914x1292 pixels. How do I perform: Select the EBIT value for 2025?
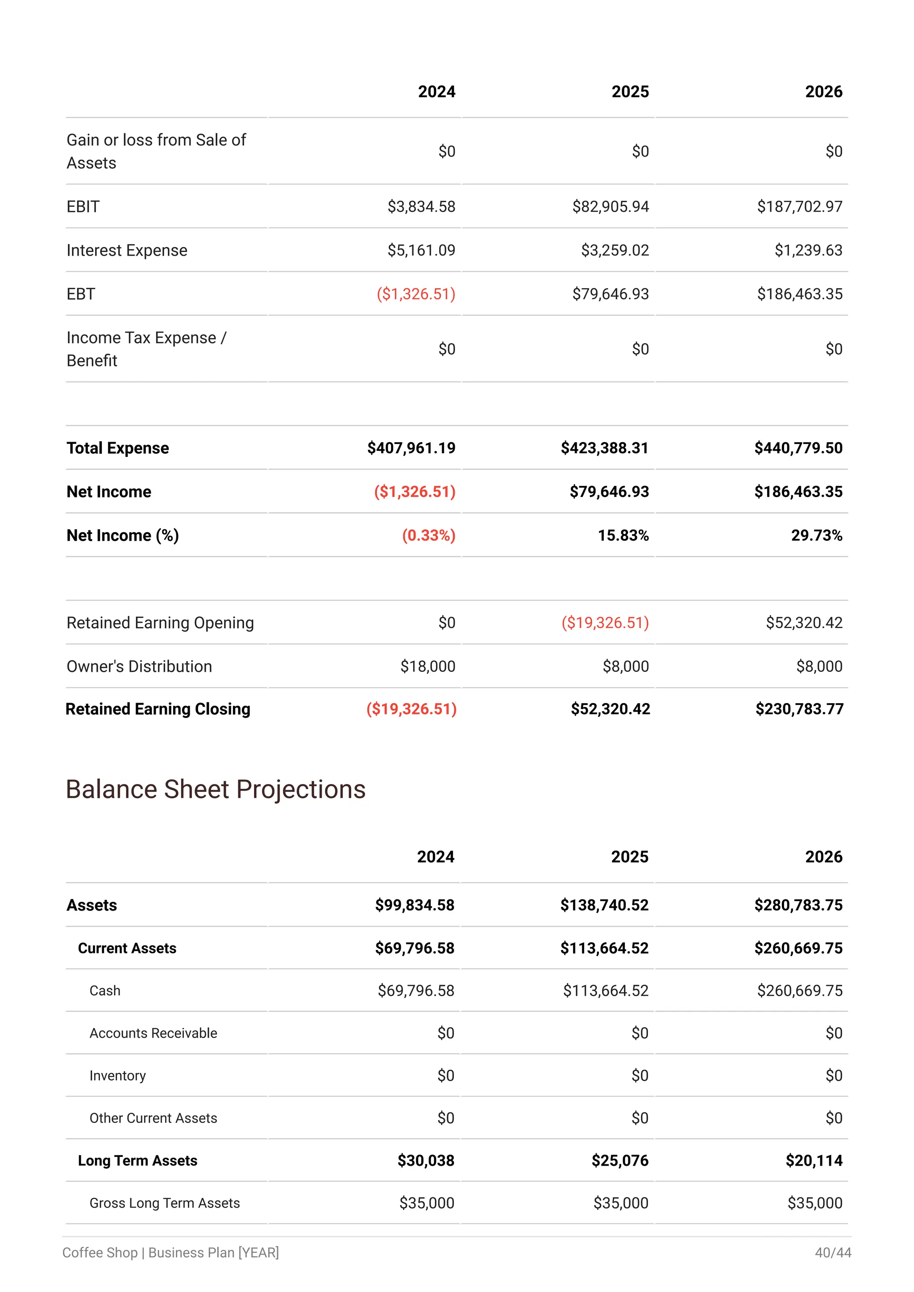610,207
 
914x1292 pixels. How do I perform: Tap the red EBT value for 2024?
415,294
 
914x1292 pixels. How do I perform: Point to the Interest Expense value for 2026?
808,250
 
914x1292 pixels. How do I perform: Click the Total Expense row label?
118,448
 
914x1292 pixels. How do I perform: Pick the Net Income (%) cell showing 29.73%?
816,535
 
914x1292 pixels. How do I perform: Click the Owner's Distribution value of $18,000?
428,666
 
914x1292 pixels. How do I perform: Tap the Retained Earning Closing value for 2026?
799,709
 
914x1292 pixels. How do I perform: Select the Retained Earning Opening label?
160,623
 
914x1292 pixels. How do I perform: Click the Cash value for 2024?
416,990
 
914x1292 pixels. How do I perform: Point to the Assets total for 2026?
798,905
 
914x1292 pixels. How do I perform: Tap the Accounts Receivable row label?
153,1033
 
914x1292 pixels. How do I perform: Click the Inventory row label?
118,1076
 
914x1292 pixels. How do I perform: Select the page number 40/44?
833,1253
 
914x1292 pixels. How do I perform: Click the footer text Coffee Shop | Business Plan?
170,1253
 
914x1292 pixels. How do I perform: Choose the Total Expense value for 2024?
411,448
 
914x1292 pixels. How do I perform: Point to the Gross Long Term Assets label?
164,1203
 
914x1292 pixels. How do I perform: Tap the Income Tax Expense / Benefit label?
146,349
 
